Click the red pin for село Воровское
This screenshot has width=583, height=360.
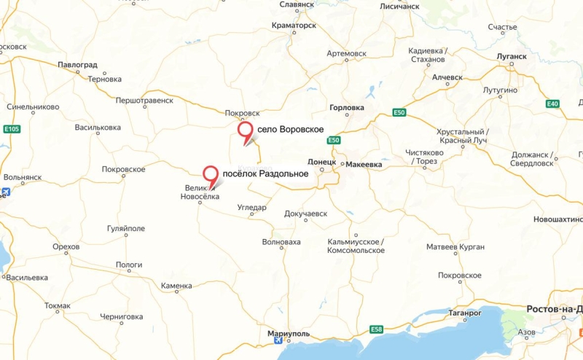click(x=246, y=132)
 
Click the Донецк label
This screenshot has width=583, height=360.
click(x=321, y=161)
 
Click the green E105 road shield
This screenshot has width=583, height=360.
click(x=12, y=129)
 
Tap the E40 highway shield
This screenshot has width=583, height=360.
click(x=552, y=104)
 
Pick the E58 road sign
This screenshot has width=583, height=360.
click(x=376, y=329)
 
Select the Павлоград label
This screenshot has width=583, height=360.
click(x=78, y=65)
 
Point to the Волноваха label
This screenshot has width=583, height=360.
click(x=281, y=241)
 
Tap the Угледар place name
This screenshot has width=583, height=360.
click(x=252, y=208)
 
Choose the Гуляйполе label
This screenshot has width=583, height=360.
click(x=126, y=228)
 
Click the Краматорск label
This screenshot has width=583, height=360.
click(x=294, y=25)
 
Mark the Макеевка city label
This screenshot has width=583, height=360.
click(x=364, y=164)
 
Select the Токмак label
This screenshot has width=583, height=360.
click(x=58, y=305)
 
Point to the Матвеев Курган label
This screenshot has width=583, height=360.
click(x=455, y=247)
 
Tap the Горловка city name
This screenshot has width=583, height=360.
click(x=347, y=108)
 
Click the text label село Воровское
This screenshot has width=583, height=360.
click(x=291, y=129)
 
